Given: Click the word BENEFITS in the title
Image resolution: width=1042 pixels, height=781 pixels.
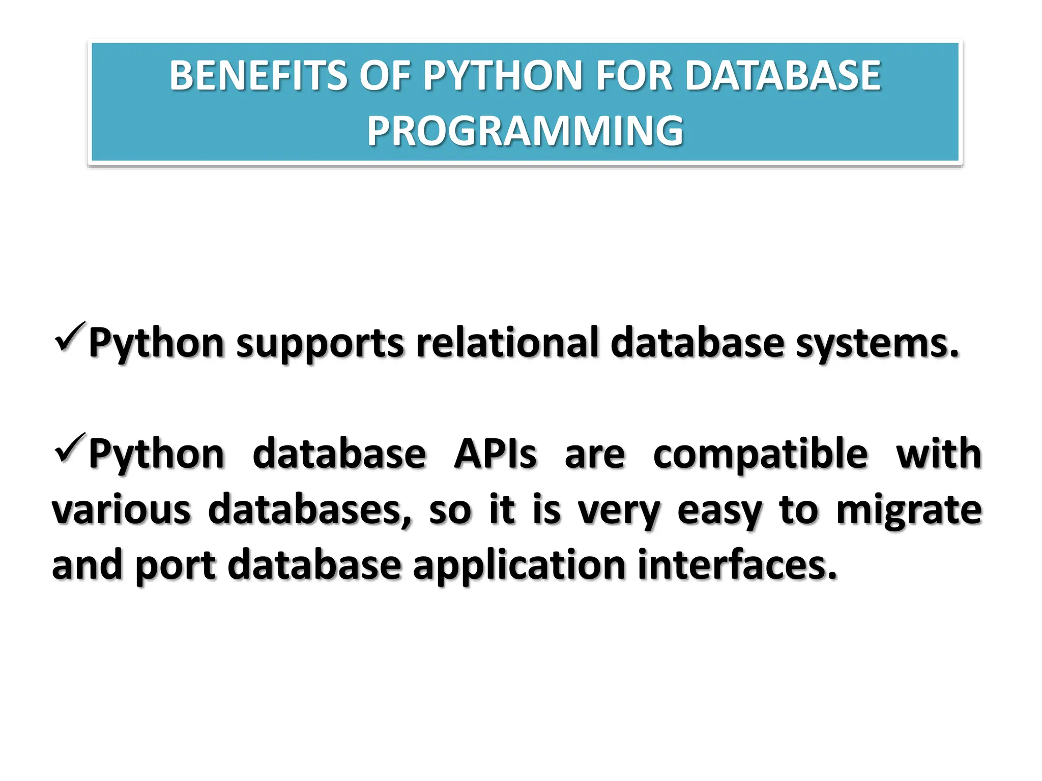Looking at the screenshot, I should click(x=258, y=76).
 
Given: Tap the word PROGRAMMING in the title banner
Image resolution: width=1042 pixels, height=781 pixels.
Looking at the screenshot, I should click(x=525, y=131).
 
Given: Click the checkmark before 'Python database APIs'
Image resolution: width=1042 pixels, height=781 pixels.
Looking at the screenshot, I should click(x=70, y=448).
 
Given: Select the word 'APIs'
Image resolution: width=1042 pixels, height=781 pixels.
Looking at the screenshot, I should click(x=495, y=454).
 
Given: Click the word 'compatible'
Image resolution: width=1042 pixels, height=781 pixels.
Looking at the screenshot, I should click(x=760, y=454).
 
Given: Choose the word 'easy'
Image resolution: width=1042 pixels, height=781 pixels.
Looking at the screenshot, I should click(x=719, y=510).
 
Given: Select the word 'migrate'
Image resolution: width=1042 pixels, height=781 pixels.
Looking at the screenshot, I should click(x=909, y=510).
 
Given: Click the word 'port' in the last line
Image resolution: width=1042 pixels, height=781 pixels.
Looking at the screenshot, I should click(x=176, y=565).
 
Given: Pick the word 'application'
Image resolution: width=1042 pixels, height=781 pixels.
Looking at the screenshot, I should click(x=519, y=565).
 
